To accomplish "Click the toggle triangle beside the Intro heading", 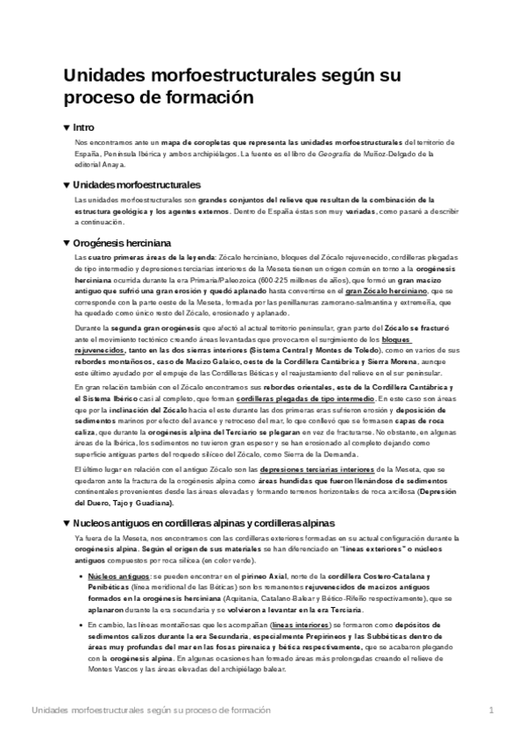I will point(67,127).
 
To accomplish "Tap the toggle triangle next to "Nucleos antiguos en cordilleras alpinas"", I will point(67,523).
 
